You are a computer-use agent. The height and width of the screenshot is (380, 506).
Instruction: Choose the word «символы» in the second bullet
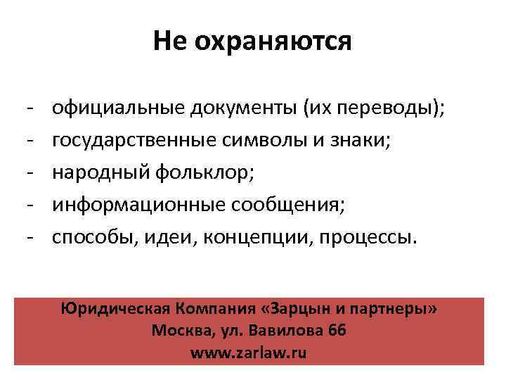click(258, 141)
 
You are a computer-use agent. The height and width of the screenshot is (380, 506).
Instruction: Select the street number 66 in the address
click(337, 331)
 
